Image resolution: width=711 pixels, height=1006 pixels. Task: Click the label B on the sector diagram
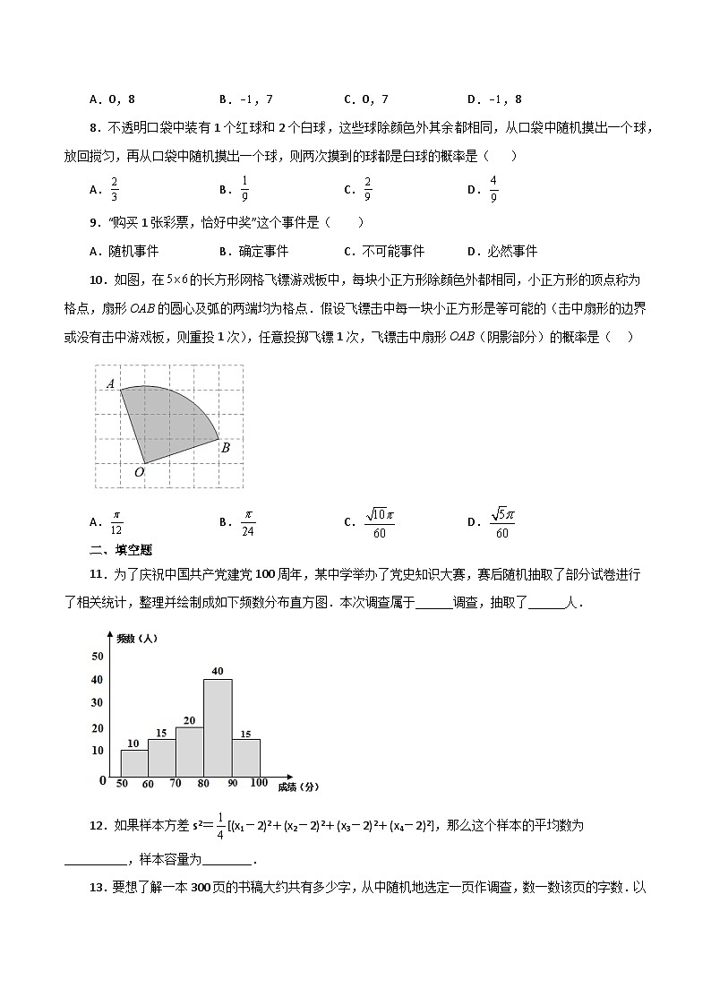[x=226, y=447]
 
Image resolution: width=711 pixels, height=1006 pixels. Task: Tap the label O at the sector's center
[x=139, y=472]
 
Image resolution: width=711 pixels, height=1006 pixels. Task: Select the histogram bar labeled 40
[x=218, y=727]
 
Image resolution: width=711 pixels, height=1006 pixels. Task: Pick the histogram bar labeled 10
[x=133, y=762]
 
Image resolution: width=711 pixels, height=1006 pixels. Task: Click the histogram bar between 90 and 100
[x=245, y=757]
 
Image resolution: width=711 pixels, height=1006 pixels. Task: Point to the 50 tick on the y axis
[x=98, y=657]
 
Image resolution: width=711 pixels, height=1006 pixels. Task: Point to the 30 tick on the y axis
[x=98, y=702]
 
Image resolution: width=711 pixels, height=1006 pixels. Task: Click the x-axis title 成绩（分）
[x=298, y=787]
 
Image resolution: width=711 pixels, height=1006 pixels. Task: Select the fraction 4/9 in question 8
[x=493, y=189]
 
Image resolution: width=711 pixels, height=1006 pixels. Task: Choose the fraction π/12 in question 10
[x=116, y=522]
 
